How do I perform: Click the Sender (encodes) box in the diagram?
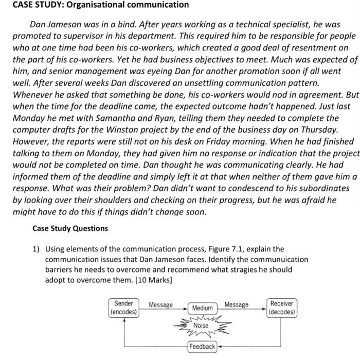[123, 308]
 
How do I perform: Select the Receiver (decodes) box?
[282, 308]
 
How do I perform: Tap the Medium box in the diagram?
[202, 308]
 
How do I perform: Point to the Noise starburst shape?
[201, 326]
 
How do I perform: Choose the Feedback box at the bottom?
[202, 347]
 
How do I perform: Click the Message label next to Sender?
[160, 305]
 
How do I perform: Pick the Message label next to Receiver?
[236, 305]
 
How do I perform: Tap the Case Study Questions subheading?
[70, 228]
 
